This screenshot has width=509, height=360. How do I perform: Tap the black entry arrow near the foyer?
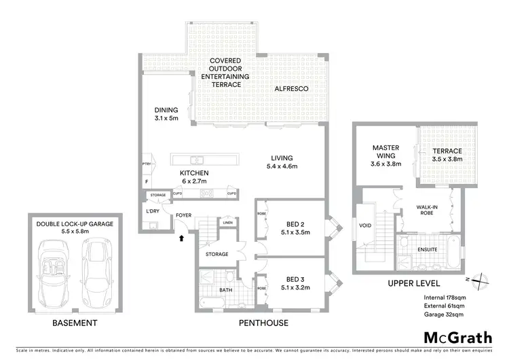point(181,238)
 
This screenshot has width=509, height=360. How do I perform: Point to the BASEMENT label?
point(75,323)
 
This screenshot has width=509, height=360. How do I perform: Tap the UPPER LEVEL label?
point(414,283)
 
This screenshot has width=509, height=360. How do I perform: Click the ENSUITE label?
point(428,249)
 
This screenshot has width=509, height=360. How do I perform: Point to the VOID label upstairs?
point(364,226)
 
